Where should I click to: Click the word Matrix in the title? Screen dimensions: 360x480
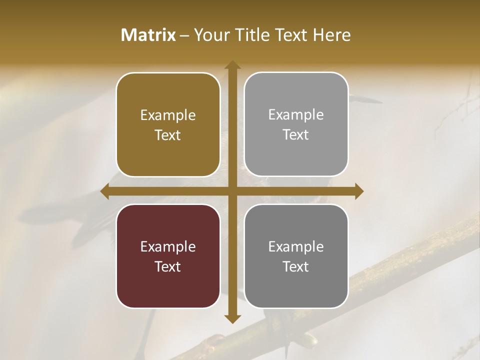pyautogui.click(x=148, y=35)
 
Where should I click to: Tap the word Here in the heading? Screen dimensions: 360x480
pyautogui.click(x=331, y=35)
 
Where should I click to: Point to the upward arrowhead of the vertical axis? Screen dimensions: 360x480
pyautogui.click(x=232, y=65)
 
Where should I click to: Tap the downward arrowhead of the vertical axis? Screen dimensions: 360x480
pyautogui.click(x=232, y=318)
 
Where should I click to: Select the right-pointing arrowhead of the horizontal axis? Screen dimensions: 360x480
pyautogui.click(x=358, y=191)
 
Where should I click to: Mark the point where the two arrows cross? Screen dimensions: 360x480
pyautogui.click(x=232, y=191)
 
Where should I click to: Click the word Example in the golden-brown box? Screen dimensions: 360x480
pyautogui.click(x=168, y=115)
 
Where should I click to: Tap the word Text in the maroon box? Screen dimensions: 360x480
pyautogui.click(x=168, y=266)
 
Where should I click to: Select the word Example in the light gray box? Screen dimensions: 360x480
pyautogui.click(x=296, y=115)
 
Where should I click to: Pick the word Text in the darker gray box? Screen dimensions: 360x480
pyautogui.click(x=296, y=266)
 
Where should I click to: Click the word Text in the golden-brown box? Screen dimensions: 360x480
pyautogui.click(x=168, y=135)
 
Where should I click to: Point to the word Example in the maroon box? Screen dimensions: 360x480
pyautogui.click(x=168, y=247)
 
